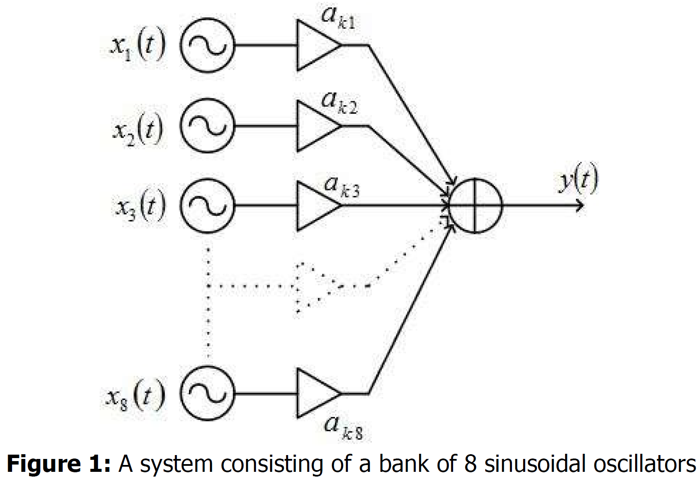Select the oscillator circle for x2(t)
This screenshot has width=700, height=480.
[207, 125]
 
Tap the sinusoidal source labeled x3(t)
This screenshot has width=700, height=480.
[207, 206]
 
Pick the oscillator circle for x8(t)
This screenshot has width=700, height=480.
[207, 393]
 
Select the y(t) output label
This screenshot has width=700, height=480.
[578, 181]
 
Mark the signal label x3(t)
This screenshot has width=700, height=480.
[140, 208]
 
